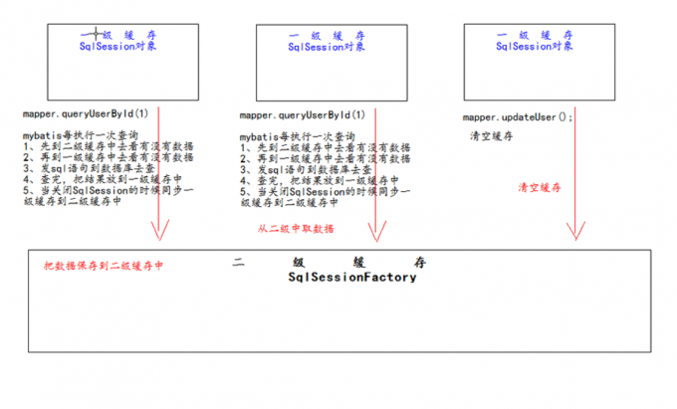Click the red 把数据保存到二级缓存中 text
click(103, 267)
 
